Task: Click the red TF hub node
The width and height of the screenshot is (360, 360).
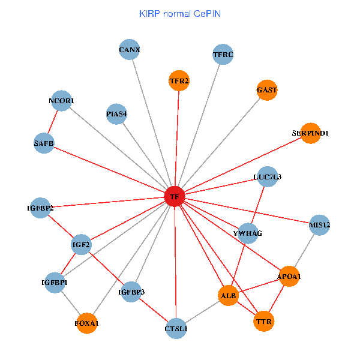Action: (x=174, y=196)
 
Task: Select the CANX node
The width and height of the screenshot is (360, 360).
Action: (x=130, y=50)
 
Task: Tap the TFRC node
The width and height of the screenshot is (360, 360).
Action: (x=223, y=55)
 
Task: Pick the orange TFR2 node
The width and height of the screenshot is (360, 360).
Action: (x=179, y=81)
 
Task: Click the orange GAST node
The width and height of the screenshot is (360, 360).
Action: (x=266, y=90)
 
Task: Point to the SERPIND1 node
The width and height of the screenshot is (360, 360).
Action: (x=310, y=133)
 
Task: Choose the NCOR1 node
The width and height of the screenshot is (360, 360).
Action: (x=62, y=101)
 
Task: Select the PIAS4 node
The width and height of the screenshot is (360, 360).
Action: (x=116, y=113)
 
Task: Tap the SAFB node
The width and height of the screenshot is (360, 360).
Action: (x=44, y=143)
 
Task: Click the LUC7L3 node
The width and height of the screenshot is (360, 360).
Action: (x=267, y=177)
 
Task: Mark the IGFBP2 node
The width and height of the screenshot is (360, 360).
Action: (x=40, y=208)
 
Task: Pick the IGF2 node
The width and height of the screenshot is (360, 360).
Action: (x=81, y=245)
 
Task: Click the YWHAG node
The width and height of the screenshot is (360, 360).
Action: (x=248, y=233)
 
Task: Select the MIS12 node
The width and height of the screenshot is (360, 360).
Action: (x=319, y=225)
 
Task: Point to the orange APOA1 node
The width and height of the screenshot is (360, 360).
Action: (x=289, y=276)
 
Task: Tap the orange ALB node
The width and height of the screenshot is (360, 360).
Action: (x=229, y=296)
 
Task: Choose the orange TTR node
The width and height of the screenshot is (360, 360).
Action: (x=264, y=322)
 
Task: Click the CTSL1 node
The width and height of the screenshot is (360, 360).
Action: (x=176, y=328)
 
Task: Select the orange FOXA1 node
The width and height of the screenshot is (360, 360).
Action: (x=87, y=323)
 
